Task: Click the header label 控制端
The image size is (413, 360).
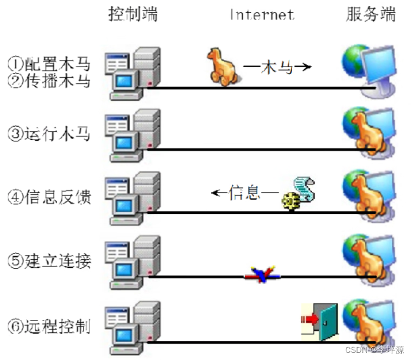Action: pyautogui.click(x=133, y=14)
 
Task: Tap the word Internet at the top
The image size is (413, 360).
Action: pyautogui.click(x=262, y=14)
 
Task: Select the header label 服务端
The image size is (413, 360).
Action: pyautogui.click(x=370, y=14)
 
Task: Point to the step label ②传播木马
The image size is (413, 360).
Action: pyautogui.click(x=49, y=81)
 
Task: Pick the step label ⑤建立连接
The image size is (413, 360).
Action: pyautogui.click(x=49, y=261)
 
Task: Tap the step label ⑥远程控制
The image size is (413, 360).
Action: pyautogui.click(x=49, y=325)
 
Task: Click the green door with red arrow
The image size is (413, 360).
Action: pyautogui.click(x=320, y=321)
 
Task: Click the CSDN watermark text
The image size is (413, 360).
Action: pyautogui.click(x=375, y=349)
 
